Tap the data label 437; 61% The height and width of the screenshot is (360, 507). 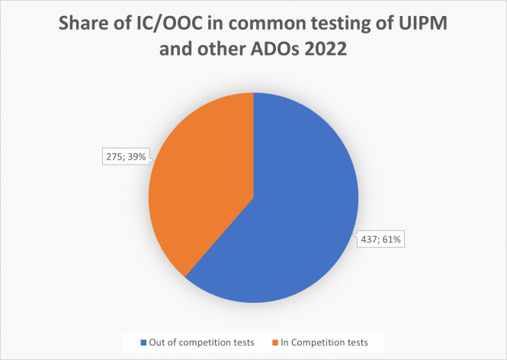[381, 239]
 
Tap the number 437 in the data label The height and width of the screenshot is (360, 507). [368, 239]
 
